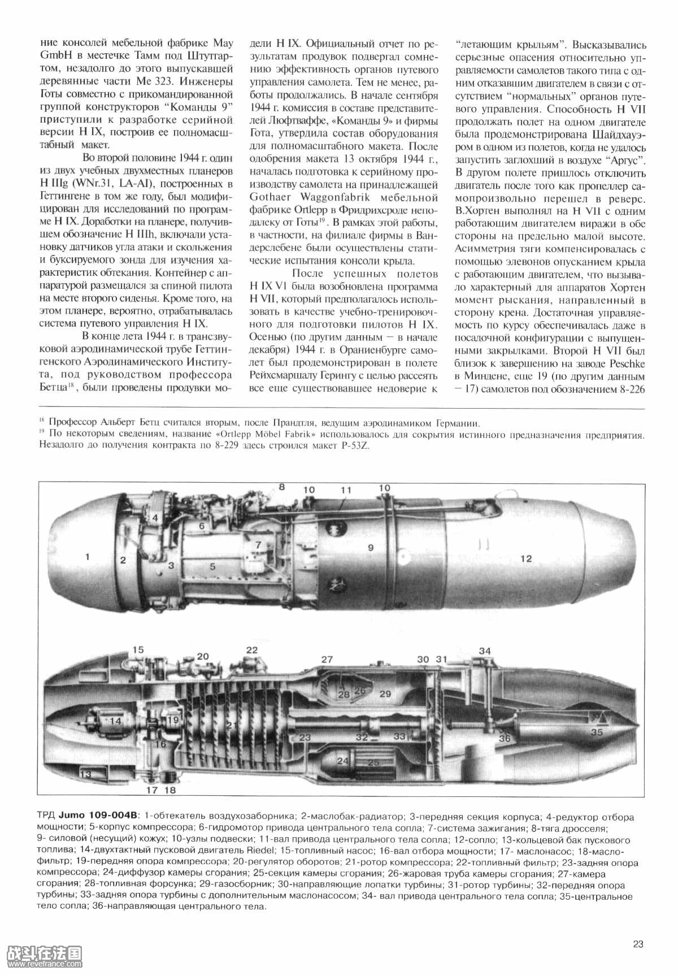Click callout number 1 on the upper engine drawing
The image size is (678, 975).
point(88,557)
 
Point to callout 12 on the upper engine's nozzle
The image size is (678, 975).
point(526,558)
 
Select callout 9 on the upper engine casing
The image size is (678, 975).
point(371,547)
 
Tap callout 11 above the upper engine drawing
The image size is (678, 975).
point(346,489)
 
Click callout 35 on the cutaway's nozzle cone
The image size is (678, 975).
point(597,732)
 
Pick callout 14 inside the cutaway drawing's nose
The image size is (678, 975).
point(115,721)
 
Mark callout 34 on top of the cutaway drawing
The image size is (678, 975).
point(485,651)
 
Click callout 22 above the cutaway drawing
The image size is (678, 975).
point(251,650)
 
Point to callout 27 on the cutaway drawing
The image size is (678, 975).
point(327,659)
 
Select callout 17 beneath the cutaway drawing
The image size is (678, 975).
point(151,790)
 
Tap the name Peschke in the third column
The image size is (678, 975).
point(626,363)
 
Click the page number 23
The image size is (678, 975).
point(638,943)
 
